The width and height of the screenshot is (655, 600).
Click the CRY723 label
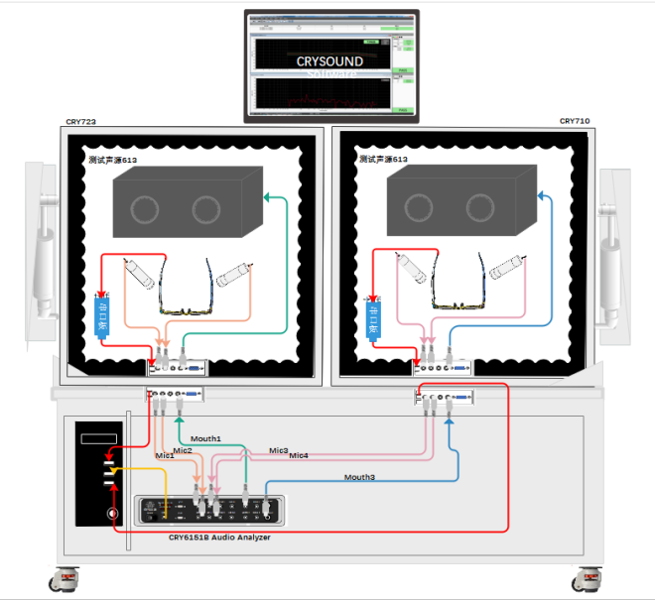coord(80,122)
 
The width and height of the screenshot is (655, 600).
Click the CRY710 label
coord(575,121)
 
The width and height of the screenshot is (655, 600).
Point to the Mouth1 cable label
coord(205,438)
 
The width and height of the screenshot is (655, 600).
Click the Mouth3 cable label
coord(360,478)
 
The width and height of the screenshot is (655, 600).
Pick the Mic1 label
coord(165,456)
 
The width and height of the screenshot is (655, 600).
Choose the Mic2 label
coord(183,450)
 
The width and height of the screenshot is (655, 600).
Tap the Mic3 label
coord(279,450)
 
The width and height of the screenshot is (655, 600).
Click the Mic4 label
coord(299,456)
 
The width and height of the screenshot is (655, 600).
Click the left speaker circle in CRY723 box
coord(146,209)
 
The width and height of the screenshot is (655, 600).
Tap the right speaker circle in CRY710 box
coord(480,208)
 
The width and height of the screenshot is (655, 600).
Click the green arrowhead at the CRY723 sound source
coord(267,197)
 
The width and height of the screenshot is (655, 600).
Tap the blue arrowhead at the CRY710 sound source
coord(540,195)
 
